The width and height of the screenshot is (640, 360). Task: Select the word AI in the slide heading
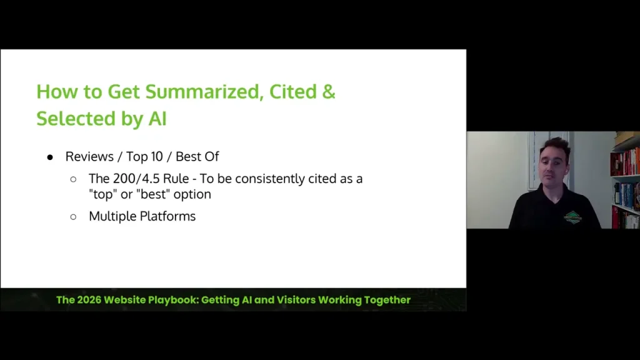[157, 118]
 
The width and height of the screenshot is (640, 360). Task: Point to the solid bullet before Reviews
[51, 157]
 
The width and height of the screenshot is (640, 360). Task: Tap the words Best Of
[197, 156]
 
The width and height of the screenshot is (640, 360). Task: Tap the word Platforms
[169, 216]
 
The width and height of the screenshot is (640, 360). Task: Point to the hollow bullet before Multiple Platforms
[73, 217]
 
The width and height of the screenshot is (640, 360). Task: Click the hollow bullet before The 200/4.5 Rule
[73, 179]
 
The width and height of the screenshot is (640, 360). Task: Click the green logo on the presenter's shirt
[572, 217]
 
